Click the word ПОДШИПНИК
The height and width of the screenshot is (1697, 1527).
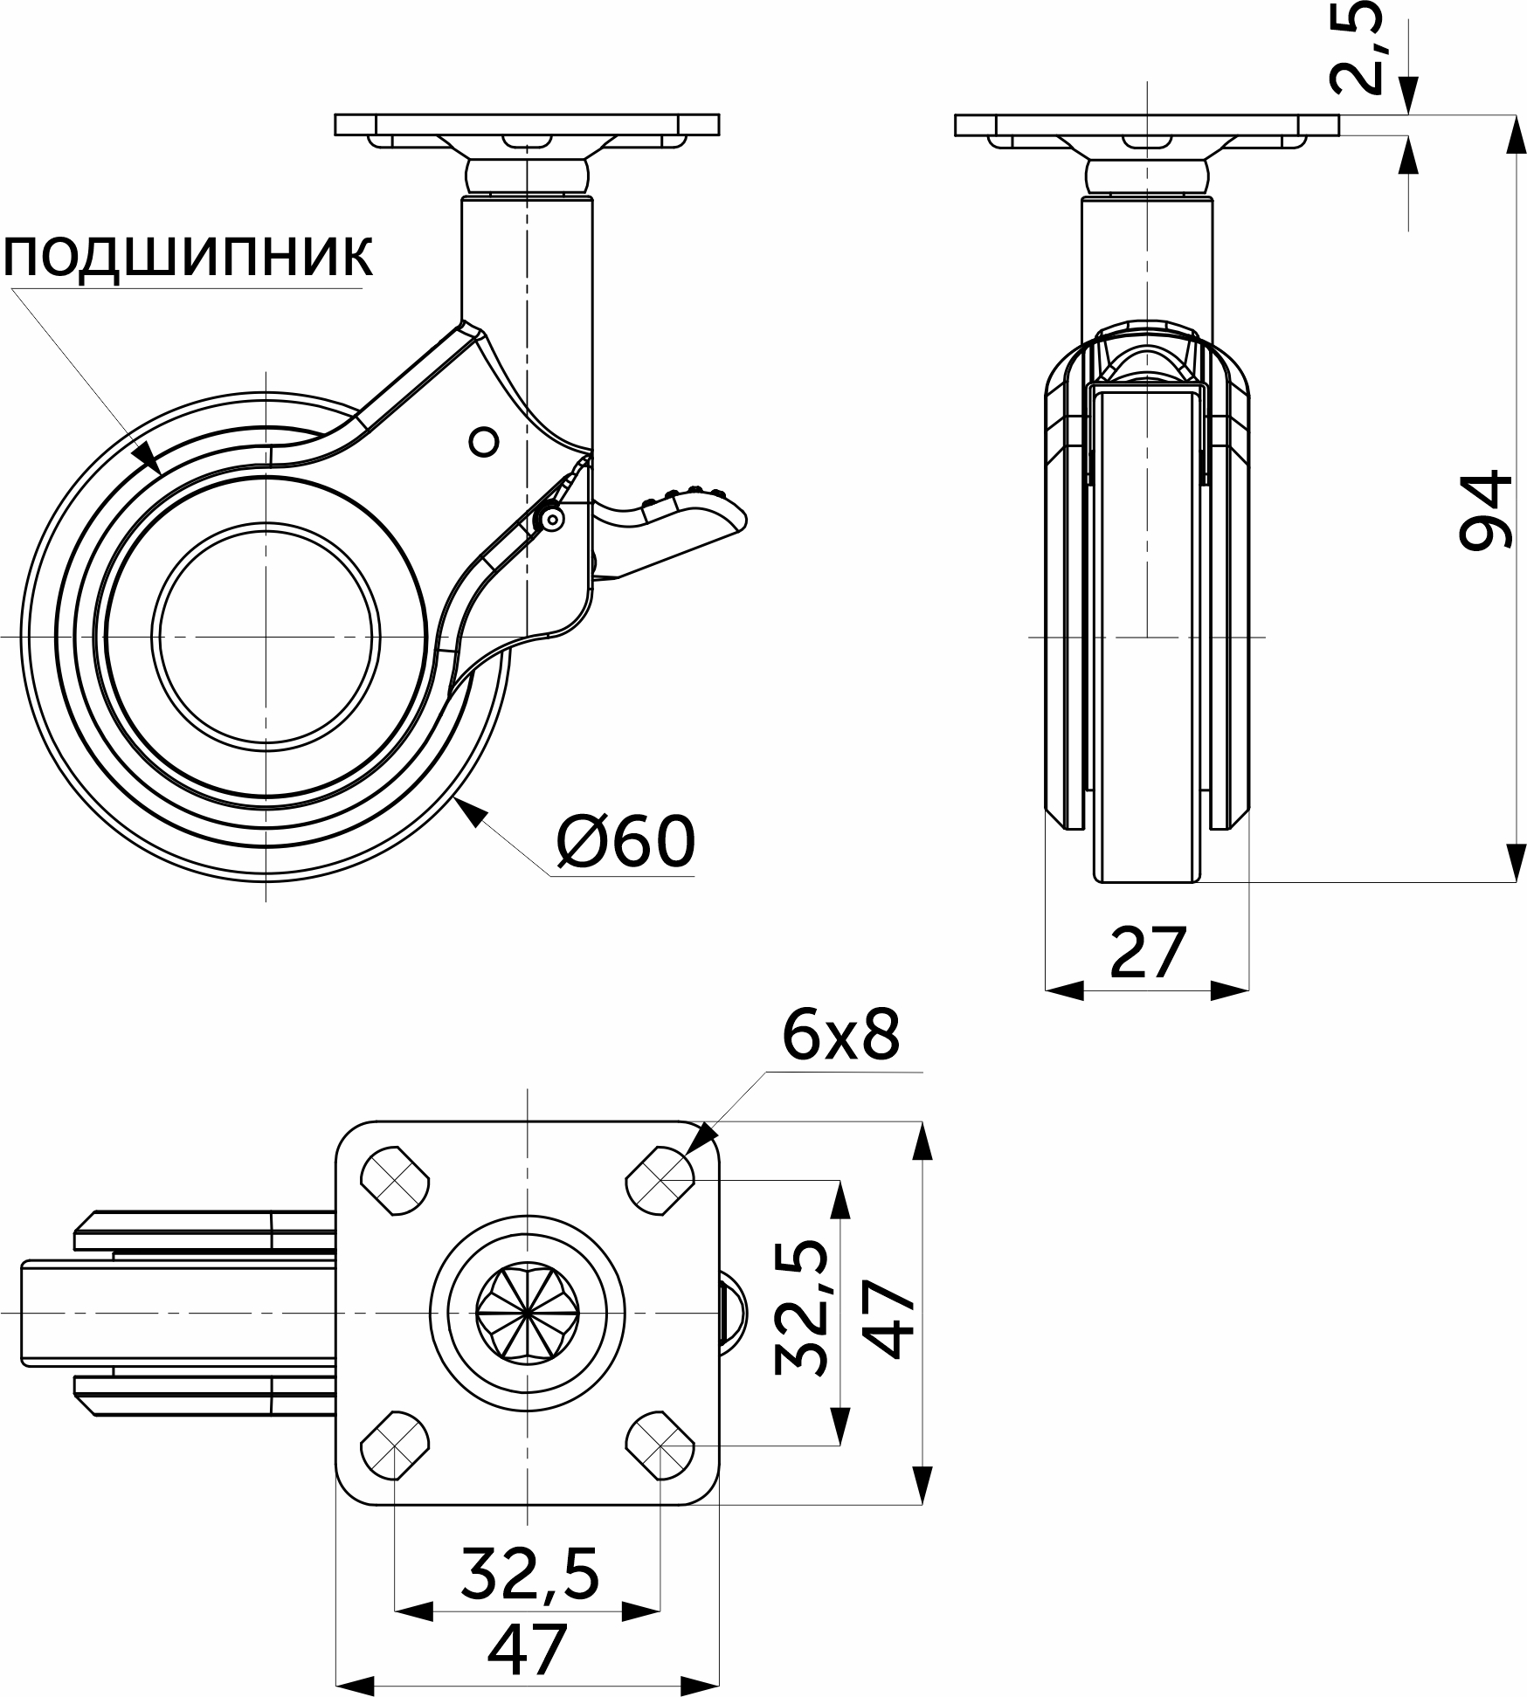click(x=189, y=257)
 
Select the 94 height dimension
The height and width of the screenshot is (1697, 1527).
click(x=1484, y=510)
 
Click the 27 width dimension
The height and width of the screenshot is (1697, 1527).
click(x=1148, y=953)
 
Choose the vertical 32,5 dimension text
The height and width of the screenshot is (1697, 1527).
click(x=800, y=1307)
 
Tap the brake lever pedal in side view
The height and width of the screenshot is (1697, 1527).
click(x=690, y=521)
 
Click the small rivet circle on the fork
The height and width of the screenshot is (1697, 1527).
click(x=483, y=442)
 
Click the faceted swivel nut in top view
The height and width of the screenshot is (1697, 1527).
click(x=528, y=1313)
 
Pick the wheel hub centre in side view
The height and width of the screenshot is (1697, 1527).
click(x=266, y=637)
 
